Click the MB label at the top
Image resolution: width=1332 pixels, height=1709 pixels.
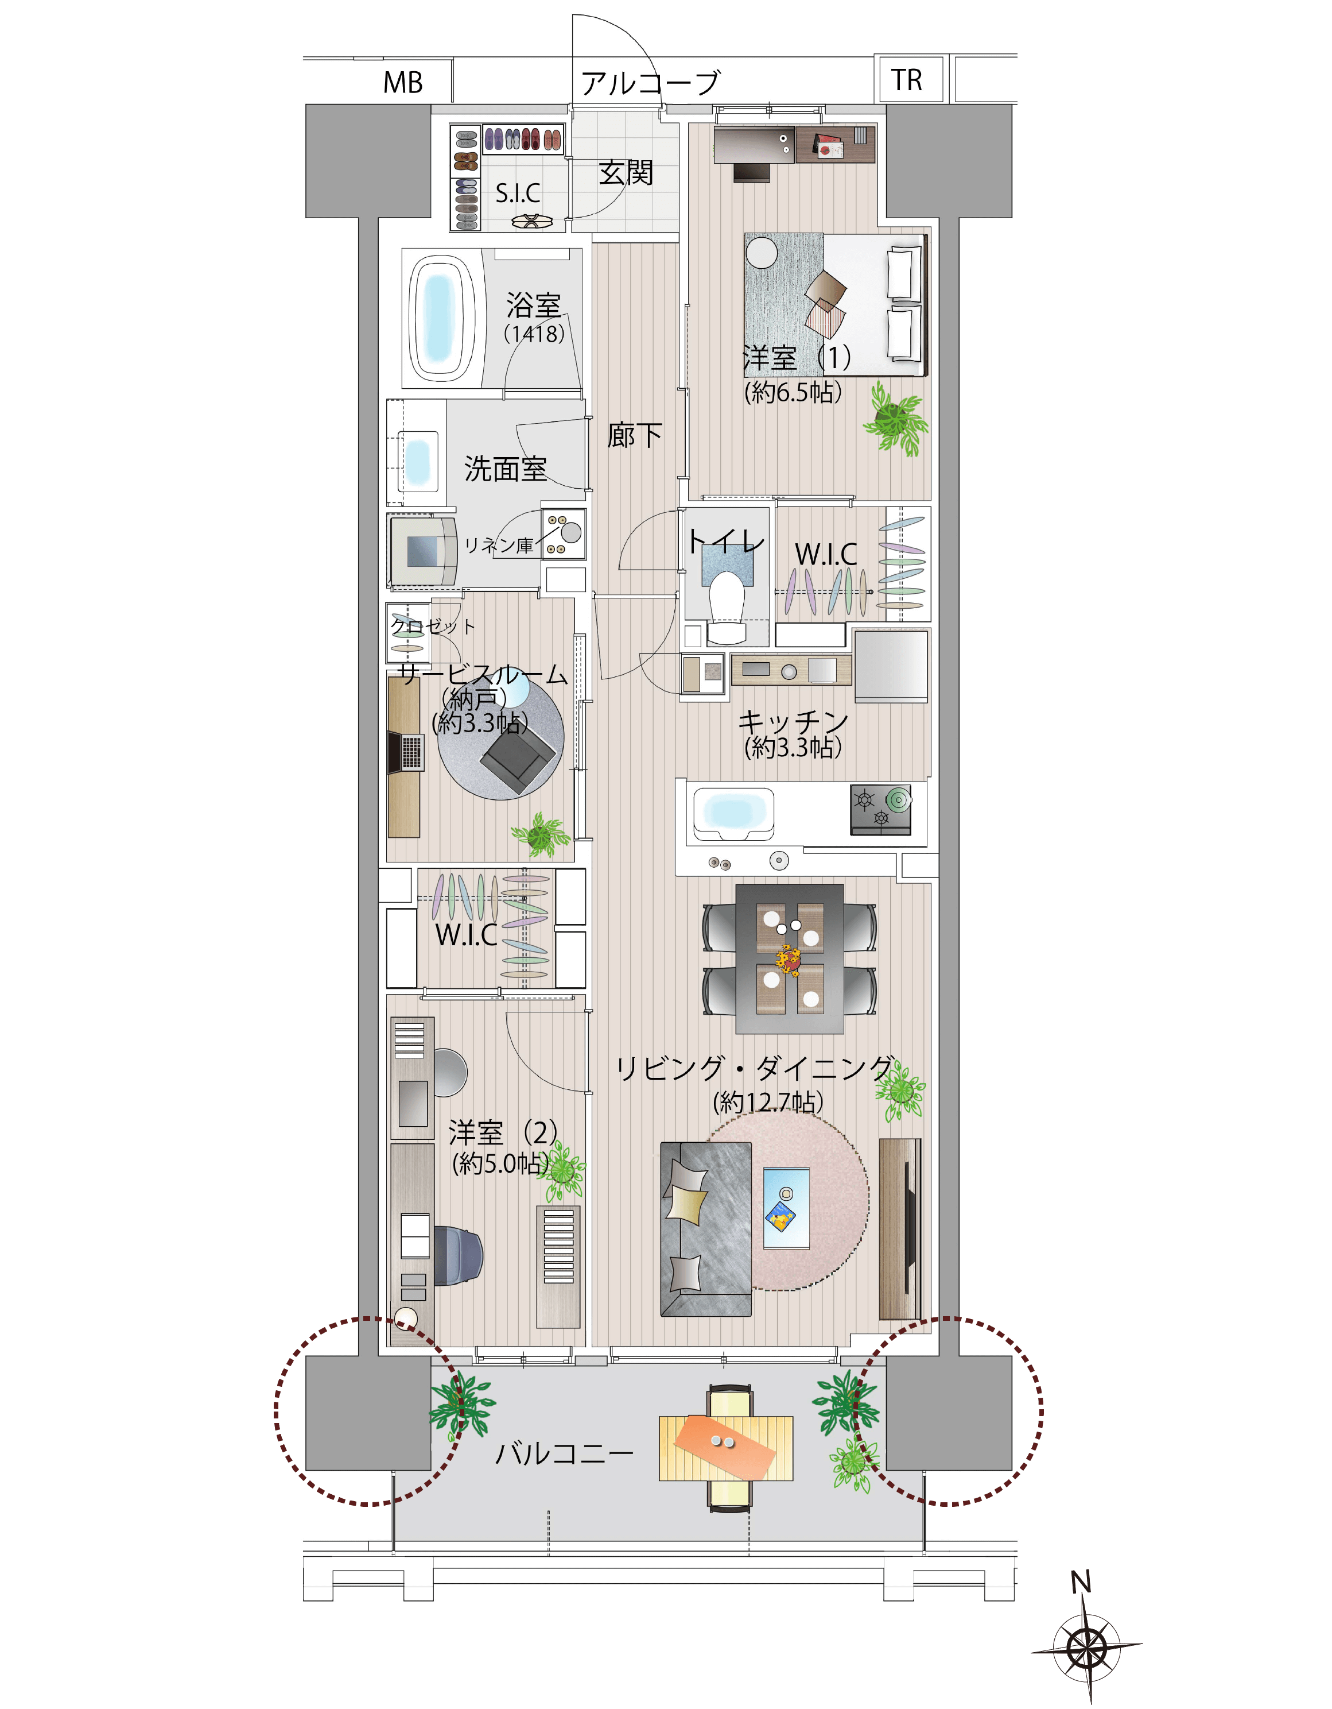[403, 82]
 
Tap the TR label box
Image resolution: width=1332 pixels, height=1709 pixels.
[907, 79]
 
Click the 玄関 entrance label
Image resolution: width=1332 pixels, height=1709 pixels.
[626, 173]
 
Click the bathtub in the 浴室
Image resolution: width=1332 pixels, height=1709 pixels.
[442, 319]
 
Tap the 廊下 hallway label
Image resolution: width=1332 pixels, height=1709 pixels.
[634, 435]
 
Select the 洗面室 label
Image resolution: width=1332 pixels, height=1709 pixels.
[505, 469]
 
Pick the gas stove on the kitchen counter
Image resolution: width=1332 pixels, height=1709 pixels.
[881, 809]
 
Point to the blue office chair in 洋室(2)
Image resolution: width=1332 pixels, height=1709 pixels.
[457, 1256]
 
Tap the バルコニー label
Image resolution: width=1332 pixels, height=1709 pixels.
[565, 1454]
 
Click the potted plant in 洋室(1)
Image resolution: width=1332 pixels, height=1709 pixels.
[896, 419]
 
